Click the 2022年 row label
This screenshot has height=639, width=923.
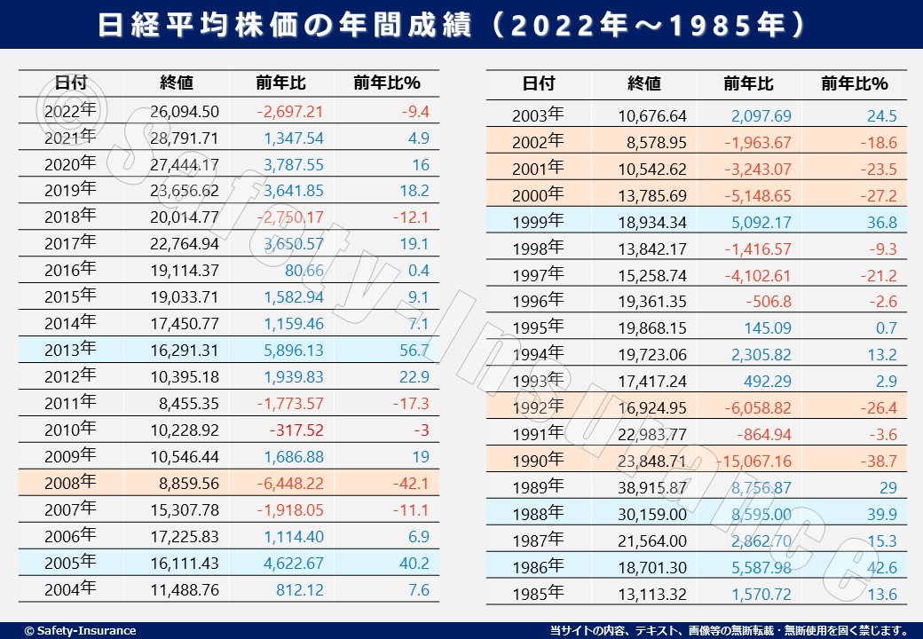[x=70, y=111]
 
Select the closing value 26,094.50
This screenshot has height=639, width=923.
[x=185, y=112]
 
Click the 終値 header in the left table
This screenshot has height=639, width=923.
[x=177, y=83]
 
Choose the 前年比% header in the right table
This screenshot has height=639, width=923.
[x=854, y=83]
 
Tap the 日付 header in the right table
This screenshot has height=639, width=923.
[x=538, y=83]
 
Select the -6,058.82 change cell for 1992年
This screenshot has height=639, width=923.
[x=753, y=408]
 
